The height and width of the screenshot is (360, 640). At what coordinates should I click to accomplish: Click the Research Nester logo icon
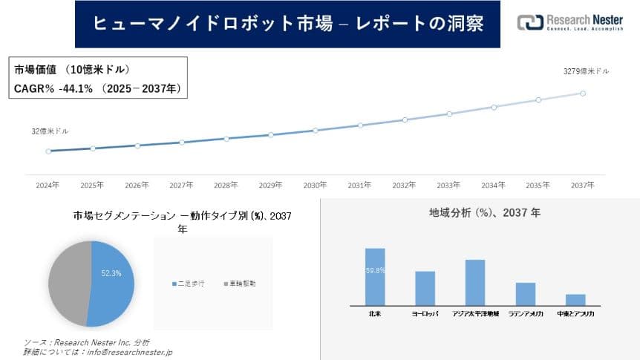531,22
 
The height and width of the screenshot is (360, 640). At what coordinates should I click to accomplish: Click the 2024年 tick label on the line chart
48,185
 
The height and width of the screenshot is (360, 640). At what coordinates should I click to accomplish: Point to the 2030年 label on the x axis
316,185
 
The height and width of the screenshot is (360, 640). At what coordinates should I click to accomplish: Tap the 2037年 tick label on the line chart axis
583,185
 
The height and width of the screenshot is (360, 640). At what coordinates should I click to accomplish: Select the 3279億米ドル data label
587,71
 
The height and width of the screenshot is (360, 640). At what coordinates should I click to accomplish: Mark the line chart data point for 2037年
583,94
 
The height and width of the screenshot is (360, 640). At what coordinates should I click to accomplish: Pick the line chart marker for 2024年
48,151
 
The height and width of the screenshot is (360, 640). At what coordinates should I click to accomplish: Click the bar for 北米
375,276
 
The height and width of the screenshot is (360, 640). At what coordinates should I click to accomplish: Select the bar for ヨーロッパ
425,288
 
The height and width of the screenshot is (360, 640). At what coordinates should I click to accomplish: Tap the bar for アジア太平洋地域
475,282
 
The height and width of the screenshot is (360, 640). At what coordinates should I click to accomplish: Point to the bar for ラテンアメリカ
526,293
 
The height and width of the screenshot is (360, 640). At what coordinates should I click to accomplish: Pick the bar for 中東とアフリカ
575,299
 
